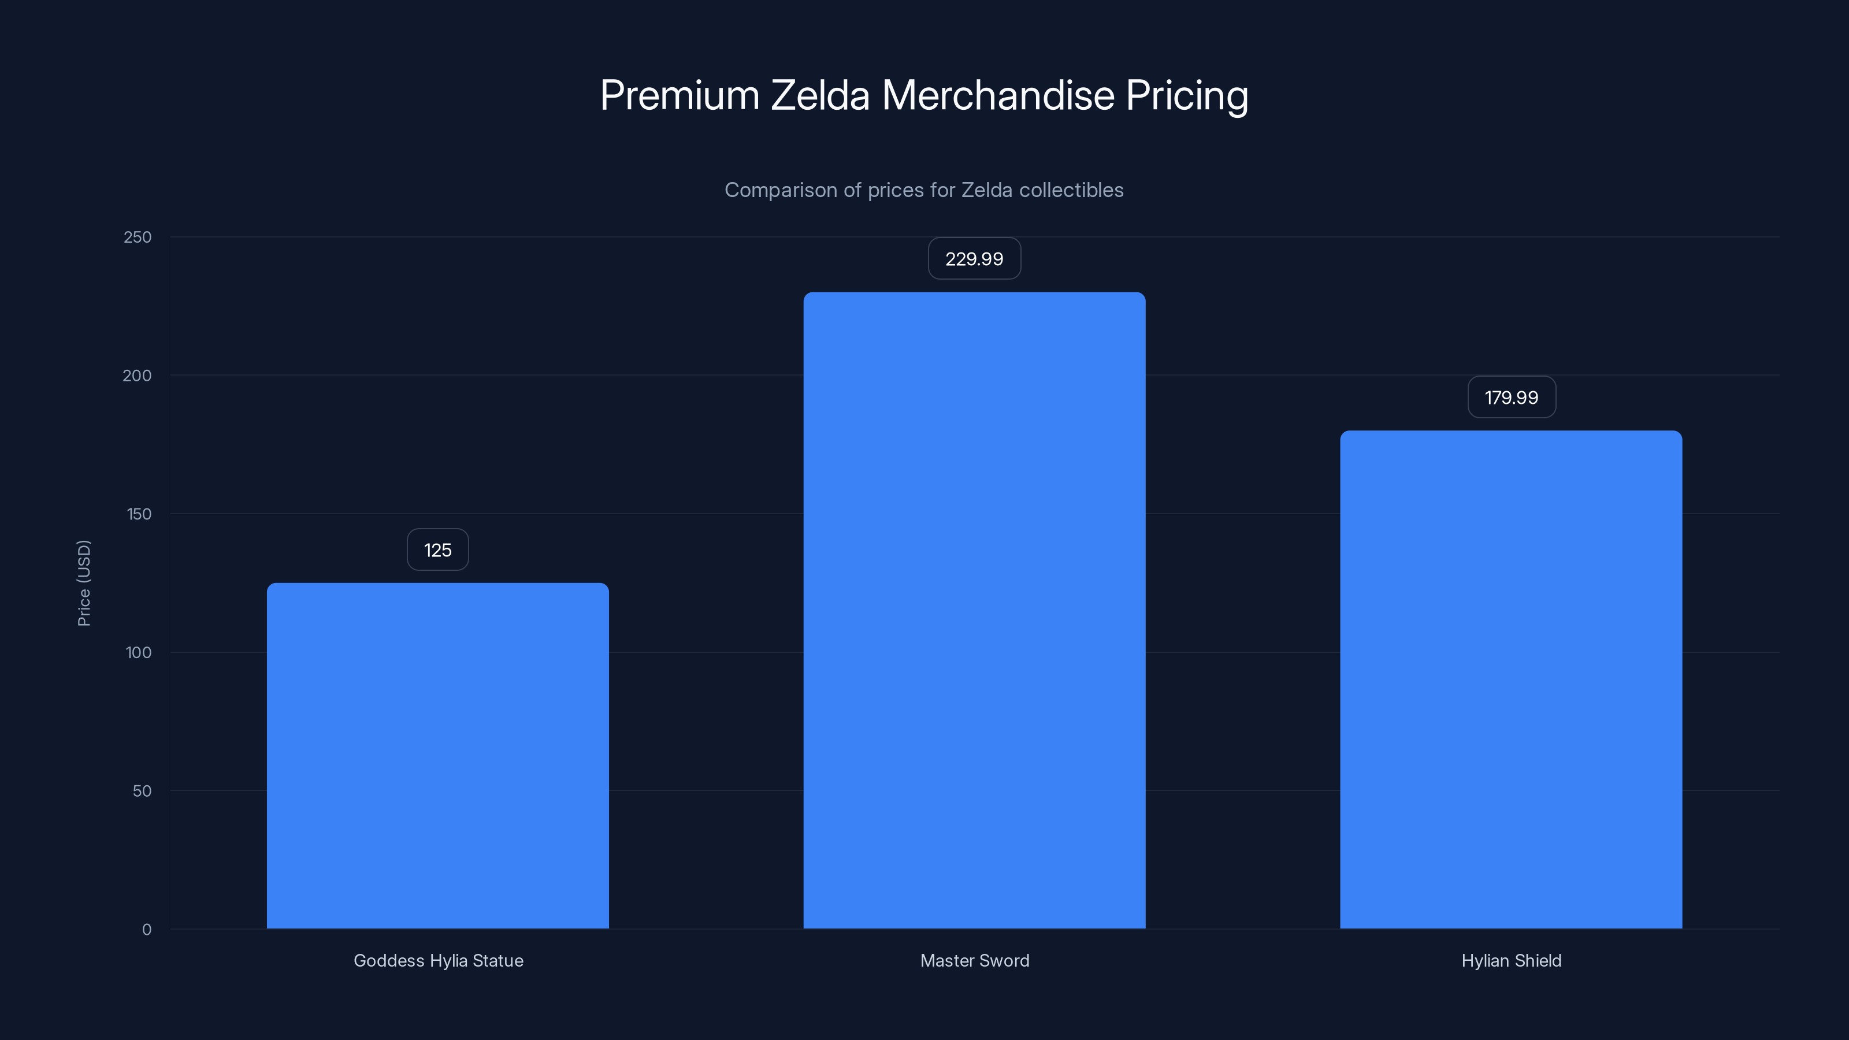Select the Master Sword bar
pyautogui.click(x=974, y=610)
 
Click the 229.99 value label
pyautogui.click(x=974, y=259)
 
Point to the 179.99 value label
pyautogui.click(x=1511, y=398)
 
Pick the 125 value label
pyautogui.click(x=438, y=551)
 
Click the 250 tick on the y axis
pyautogui.click(x=138, y=237)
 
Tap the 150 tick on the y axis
pyautogui.click(x=138, y=515)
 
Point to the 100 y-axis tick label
pyautogui.click(x=139, y=653)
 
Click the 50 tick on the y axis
pyautogui.click(x=142, y=792)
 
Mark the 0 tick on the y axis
pyautogui.click(x=146, y=930)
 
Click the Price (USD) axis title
pyautogui.click(x=84, y=583)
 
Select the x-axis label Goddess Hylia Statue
pyautogui.click(x=438, y=961)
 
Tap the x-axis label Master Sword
pyautogui.click(x=974, y=961)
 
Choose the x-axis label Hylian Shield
pyautogui.click(x=1511, y=961)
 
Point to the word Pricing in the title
pyautogui.click(x=1186, y=95)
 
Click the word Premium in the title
pyautogui.click(x=679, y=95)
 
